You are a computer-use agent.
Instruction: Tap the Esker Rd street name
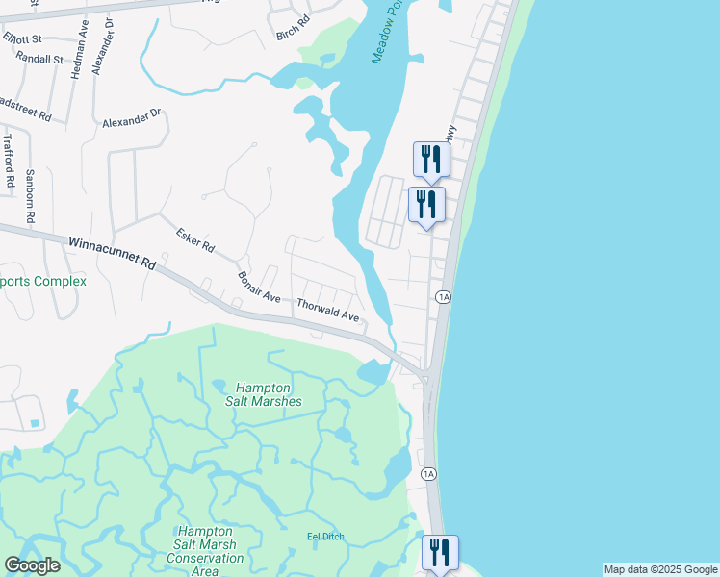194,238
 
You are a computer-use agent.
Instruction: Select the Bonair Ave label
259,288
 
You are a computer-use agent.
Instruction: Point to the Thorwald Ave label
327,310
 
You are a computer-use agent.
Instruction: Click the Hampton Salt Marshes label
264,394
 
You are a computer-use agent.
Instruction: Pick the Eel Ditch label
325,537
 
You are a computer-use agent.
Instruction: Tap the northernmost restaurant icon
430,158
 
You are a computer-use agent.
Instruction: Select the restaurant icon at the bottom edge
440,553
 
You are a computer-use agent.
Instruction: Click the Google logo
32,565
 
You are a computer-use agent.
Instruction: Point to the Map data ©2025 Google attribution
660,569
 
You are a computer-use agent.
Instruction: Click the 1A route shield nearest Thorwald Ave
443,297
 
